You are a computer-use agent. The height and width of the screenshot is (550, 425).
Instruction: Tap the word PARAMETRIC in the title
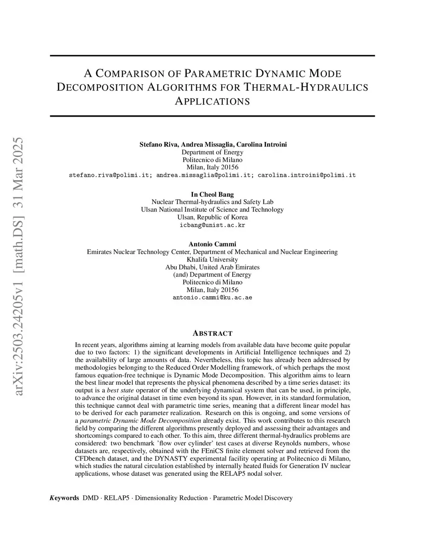point(217,74)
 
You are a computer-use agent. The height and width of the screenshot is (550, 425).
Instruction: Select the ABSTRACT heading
point(212,333)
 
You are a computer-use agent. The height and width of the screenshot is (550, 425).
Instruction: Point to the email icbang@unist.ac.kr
point(212,225)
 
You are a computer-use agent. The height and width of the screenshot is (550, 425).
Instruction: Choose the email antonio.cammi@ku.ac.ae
point(212,298)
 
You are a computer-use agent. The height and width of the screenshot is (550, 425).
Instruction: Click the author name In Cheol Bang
point(212,194)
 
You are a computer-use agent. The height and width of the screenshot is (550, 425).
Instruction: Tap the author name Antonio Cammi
point(212,244)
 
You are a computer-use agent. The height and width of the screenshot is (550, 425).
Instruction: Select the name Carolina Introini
point(261,144)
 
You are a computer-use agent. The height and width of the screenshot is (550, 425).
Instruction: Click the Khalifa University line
point(212,259)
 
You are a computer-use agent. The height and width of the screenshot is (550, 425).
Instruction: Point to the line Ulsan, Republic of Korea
point(212,217)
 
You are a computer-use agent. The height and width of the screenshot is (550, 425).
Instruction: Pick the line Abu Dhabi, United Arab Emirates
point(212,267)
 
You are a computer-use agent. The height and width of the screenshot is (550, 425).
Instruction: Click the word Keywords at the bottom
point(64,498)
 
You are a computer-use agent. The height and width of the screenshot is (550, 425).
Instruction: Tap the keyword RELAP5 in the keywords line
point(117,498)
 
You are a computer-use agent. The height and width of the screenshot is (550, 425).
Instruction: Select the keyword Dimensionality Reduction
point(171,498)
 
